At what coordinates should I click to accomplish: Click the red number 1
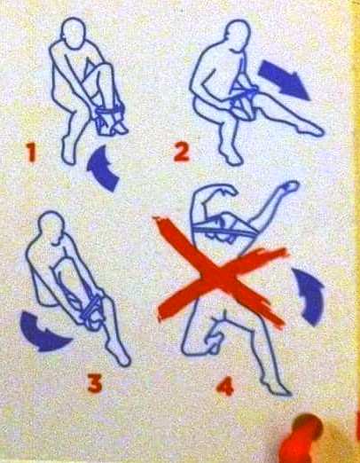pyautogui.click(x=31, y=152)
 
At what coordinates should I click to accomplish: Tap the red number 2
pyautogui.click(x=181, y=152)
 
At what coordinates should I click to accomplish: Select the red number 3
pyautogui.click(x=95, y=383)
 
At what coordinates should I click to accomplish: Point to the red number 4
pyautogui.click(x=225, y=387)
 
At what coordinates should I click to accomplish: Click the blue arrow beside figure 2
pyautogui.click(x=283, y=79)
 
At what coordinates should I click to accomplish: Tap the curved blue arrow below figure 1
pyautogui.click(x=103, y=169)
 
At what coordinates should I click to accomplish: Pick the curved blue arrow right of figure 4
pyautogui.click(x=309, y=297)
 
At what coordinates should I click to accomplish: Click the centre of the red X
pyautogui.click(x=219, y=275)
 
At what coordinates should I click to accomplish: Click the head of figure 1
pyautogui.click(x=74, y=32)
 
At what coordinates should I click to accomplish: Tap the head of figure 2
pyautogui.click(x=238, y=34)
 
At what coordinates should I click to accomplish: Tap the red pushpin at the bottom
pyautogui.click(x=304, y=441)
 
